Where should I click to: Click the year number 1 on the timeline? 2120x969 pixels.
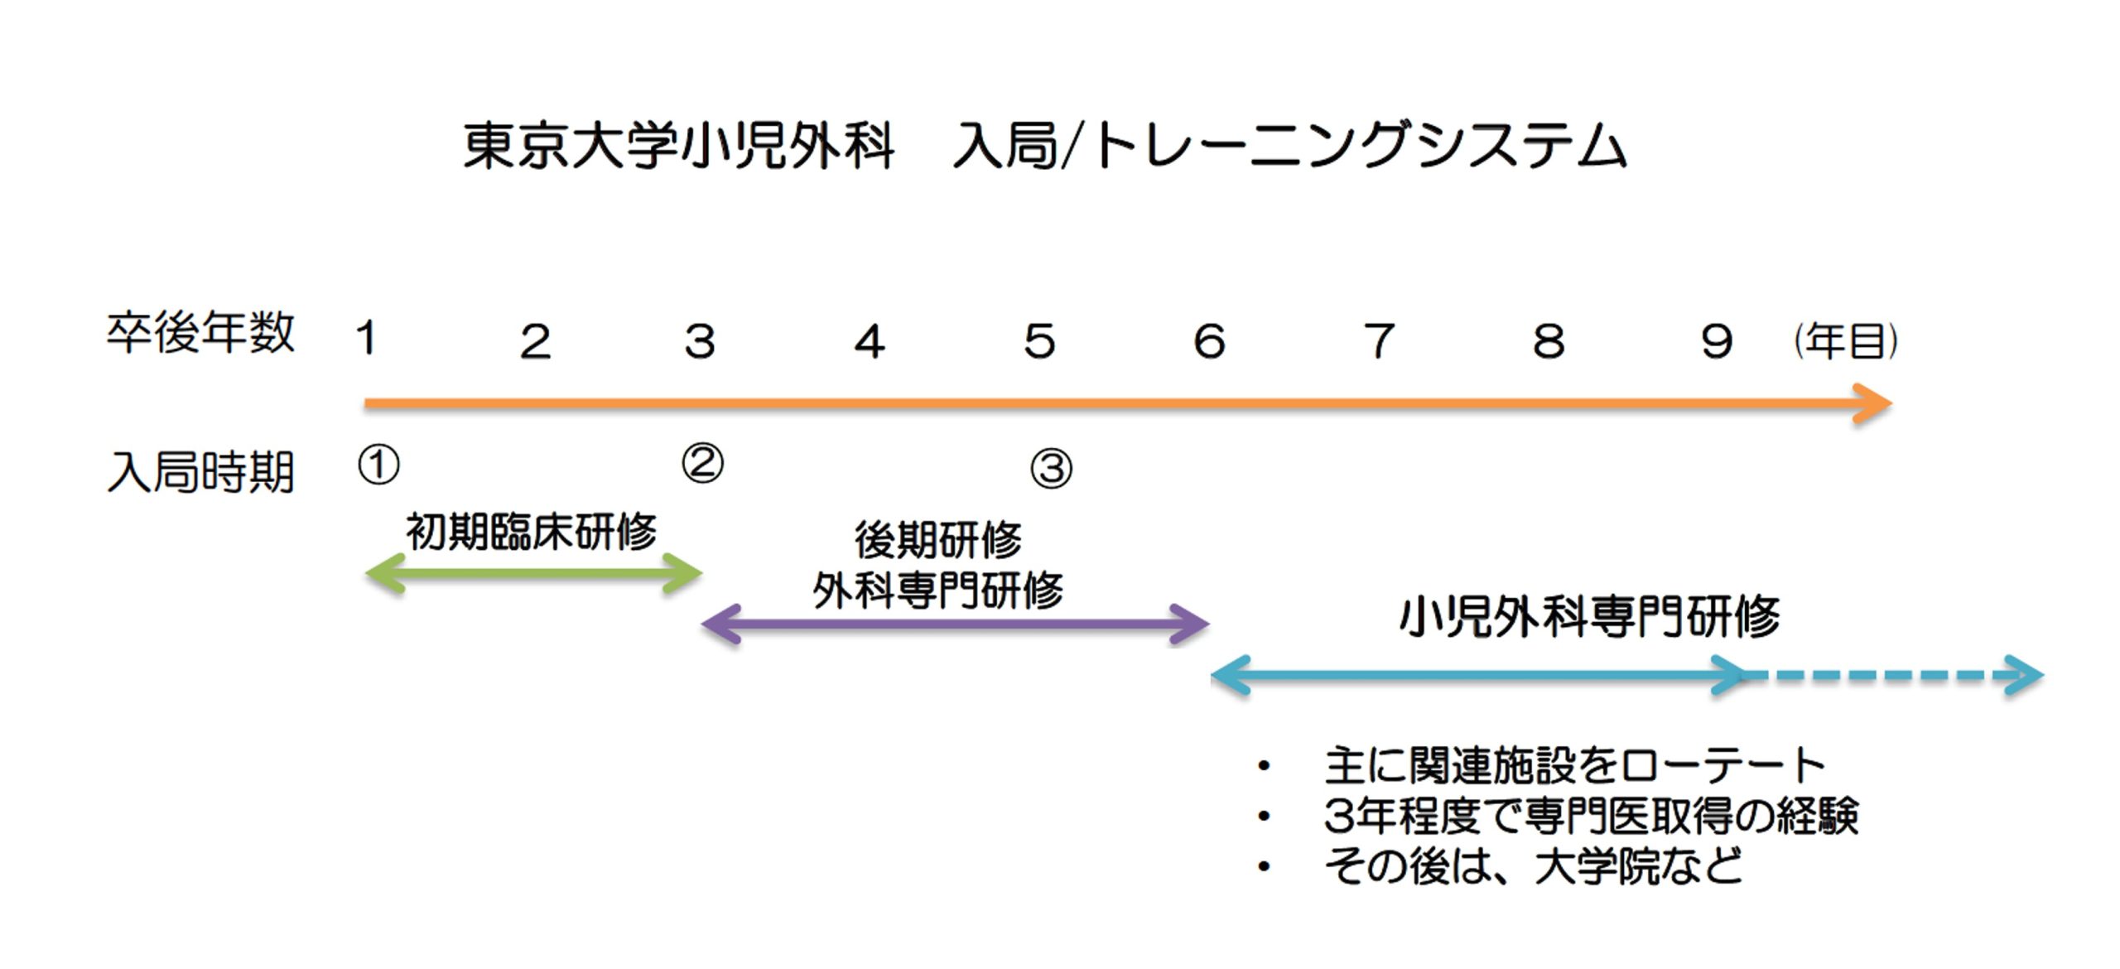(x=367, y=340)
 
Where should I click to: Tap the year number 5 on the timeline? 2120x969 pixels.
(x=1039, y=341)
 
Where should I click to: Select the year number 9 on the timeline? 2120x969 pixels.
(x=1717, y=341)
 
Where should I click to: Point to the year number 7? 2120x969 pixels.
(x=1380, y=341)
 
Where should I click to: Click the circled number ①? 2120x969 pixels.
(x=378, y=465)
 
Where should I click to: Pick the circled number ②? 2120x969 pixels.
(x=702, y=463)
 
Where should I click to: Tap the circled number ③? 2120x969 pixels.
(x=1051, y=469)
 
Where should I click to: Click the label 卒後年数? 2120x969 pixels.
(x=200, y=333)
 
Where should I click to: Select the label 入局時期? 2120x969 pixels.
(x=200, y=472)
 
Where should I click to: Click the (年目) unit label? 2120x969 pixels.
(x=1846, y=341)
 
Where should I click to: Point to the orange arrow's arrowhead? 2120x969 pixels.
(x=1873, y=404)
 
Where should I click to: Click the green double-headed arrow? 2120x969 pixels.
(x=534, y=573)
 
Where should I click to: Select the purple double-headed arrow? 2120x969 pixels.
(x=956, y=624)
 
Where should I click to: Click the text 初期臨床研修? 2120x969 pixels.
(x=531, y=532)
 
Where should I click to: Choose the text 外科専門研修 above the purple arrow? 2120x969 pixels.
(x=938, y=591)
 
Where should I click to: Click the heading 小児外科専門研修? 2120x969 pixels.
(x=1589, y=617)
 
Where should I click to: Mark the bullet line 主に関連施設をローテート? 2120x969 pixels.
(x=1574, y=765)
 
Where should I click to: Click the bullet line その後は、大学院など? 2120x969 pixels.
(x=1533, y=866)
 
